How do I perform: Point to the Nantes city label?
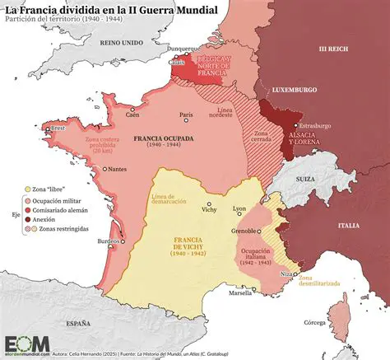click(118, 169)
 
